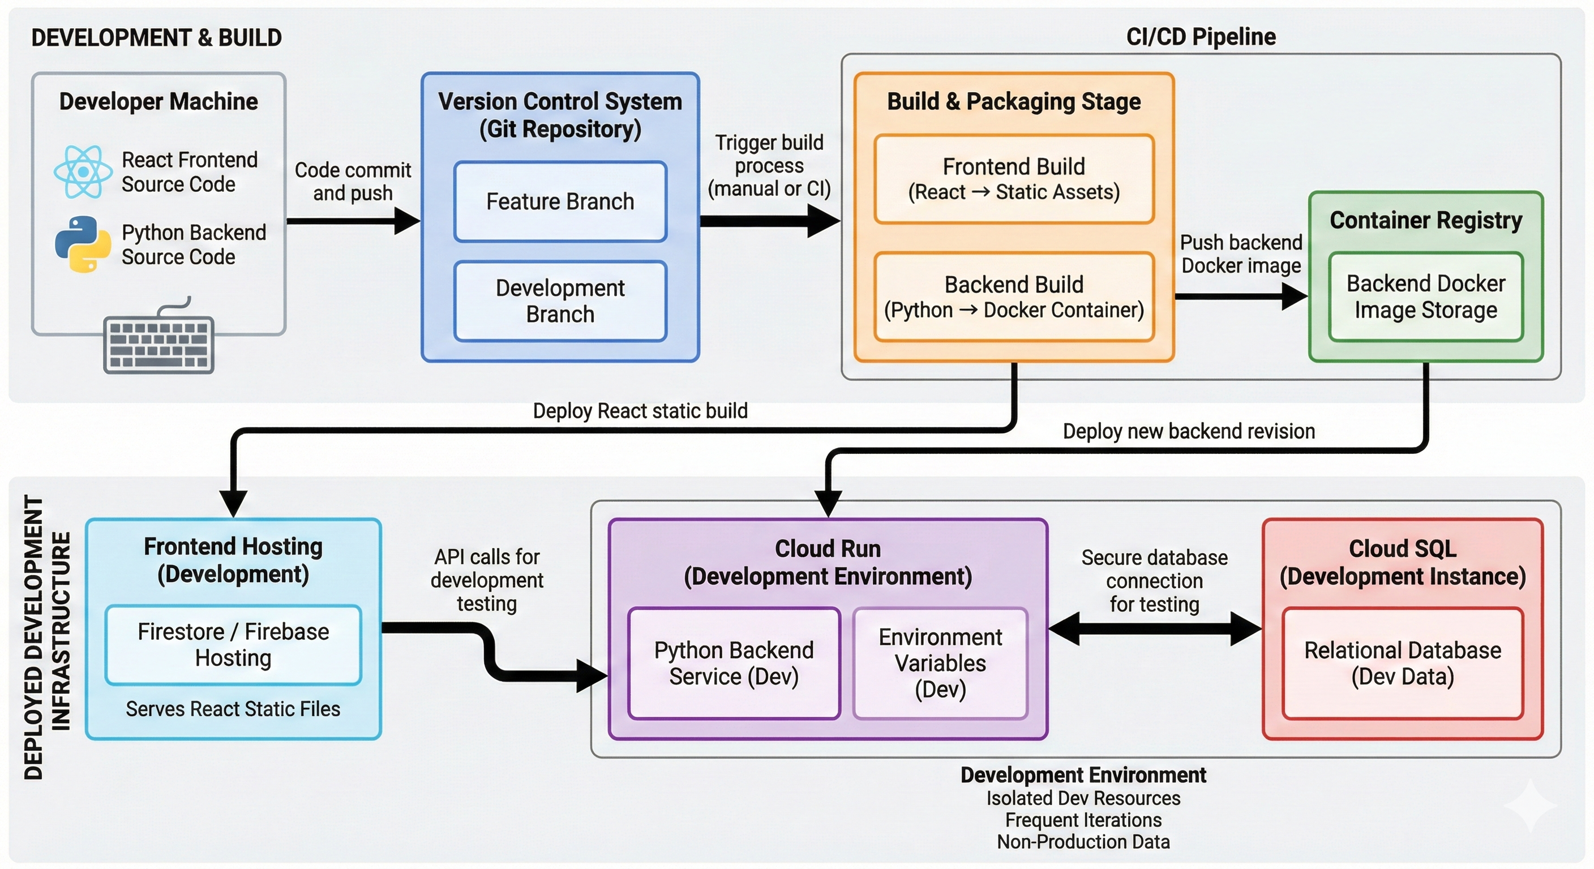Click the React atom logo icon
82,172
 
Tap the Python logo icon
83,244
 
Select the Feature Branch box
560,201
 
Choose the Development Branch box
560,301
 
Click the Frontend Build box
1014,179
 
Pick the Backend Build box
1014,297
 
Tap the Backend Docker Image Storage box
1425,297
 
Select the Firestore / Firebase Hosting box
233,644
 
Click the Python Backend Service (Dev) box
733,663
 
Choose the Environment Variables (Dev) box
940,663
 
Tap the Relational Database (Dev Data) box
1402,663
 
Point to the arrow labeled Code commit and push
353,221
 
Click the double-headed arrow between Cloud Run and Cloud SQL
1155,629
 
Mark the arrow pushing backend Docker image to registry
1240,296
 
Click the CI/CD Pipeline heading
1201,37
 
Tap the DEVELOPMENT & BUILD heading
157,38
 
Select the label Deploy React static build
640,411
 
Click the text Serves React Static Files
233,709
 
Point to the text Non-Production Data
1083,842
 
